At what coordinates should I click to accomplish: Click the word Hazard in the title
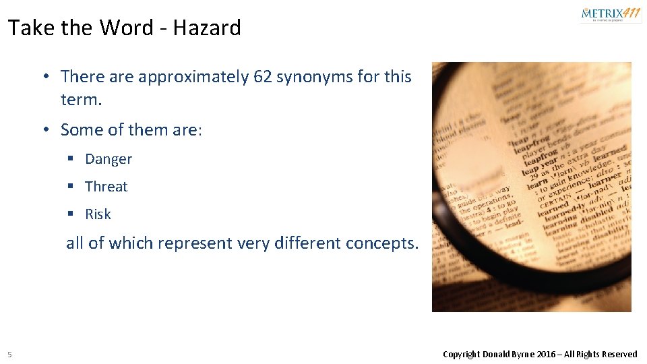tap(207, 28)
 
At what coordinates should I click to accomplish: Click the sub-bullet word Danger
tap(109, 159)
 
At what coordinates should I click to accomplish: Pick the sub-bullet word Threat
tap(106, 187)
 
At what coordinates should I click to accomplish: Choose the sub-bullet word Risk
tap(98, 214)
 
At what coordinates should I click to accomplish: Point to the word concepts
tap(381, 243)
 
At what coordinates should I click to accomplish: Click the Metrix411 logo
tap(611, 14)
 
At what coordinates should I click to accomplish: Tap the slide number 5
tap(9, 355)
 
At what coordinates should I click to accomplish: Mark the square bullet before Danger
tap(70, 159)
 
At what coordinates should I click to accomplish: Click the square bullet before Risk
tap(70, 214)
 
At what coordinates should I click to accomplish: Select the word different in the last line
tap(309, 243)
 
